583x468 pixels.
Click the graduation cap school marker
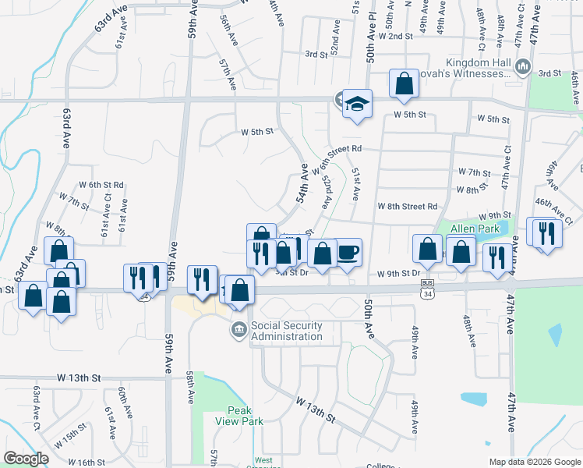tap(357, 105)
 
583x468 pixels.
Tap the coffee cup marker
tap(348, 253)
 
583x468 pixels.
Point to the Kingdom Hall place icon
tap(523, 69)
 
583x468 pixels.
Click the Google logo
tap(26, 459)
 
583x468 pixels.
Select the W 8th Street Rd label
tap(408, 207)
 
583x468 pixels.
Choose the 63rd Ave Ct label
tap(36, 406)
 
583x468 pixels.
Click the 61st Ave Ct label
tap(106, 218)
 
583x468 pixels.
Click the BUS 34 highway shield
tap(426, 285)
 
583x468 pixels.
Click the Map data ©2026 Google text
tap(535, 462)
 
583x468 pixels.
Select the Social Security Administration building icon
tap(238, 331)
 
